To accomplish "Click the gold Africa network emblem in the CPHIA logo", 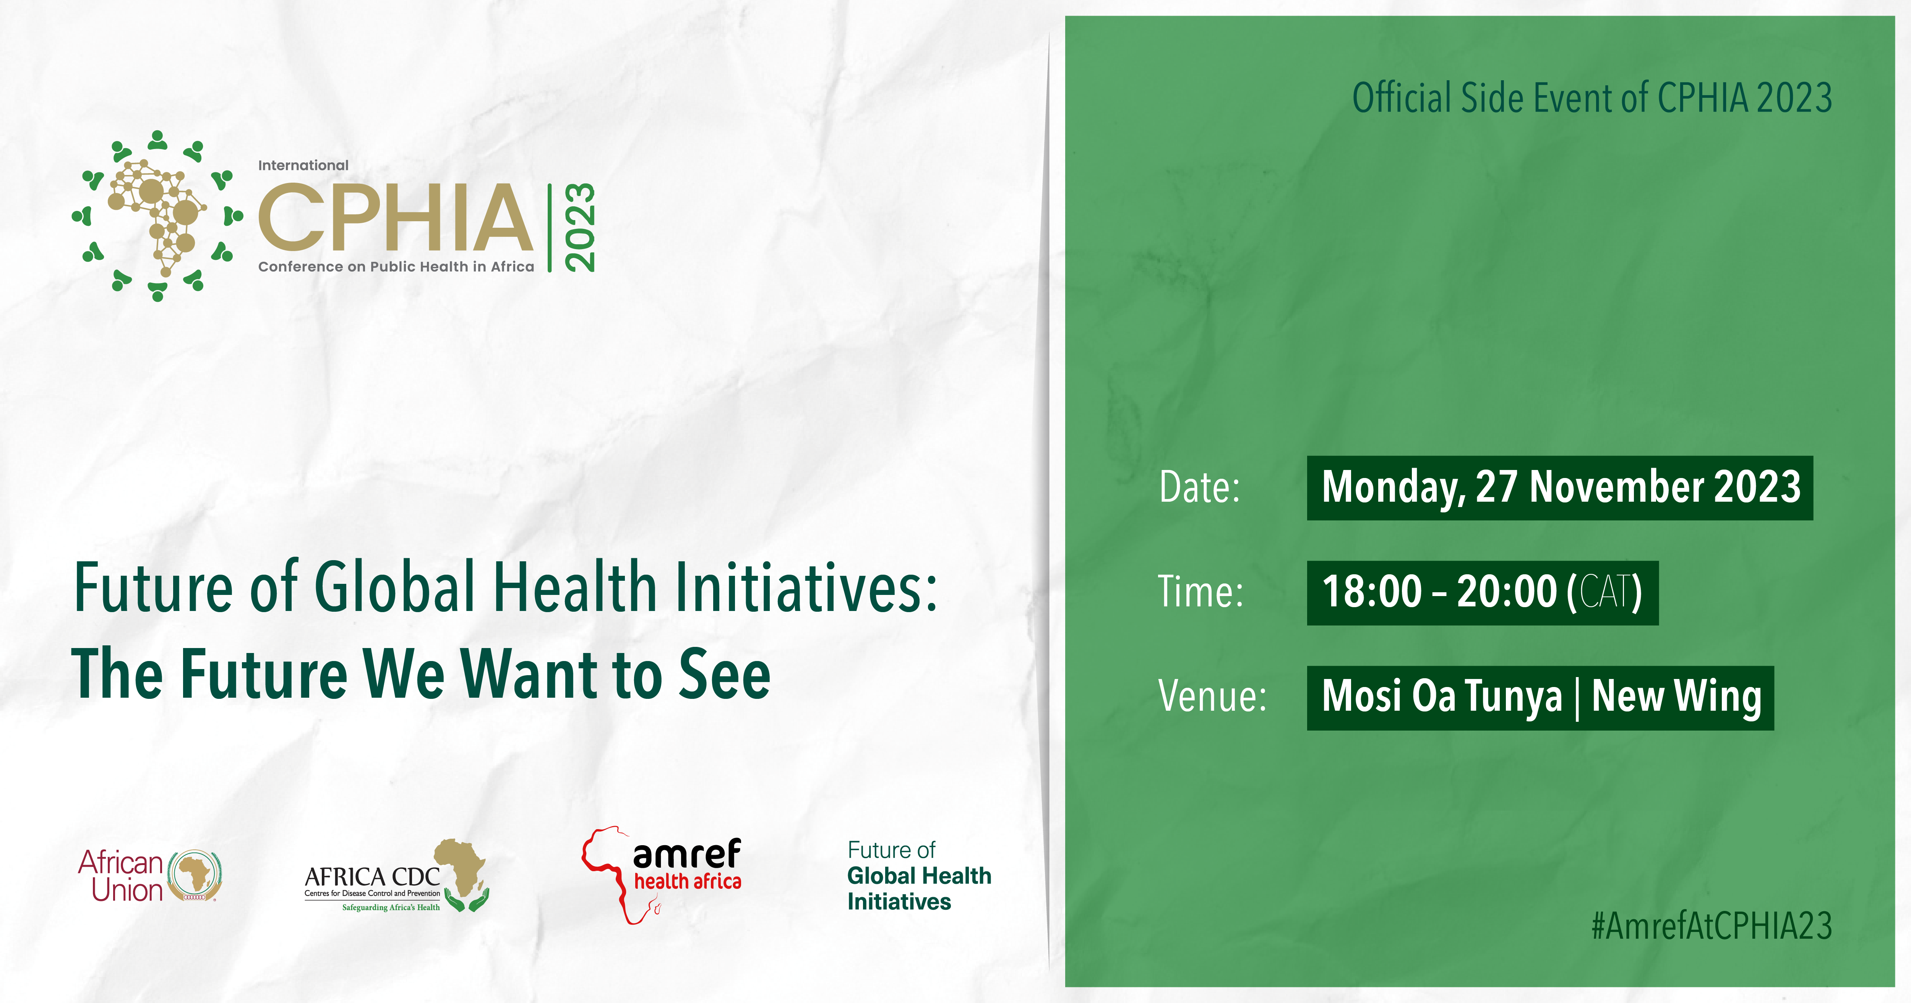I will pos(157,215).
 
